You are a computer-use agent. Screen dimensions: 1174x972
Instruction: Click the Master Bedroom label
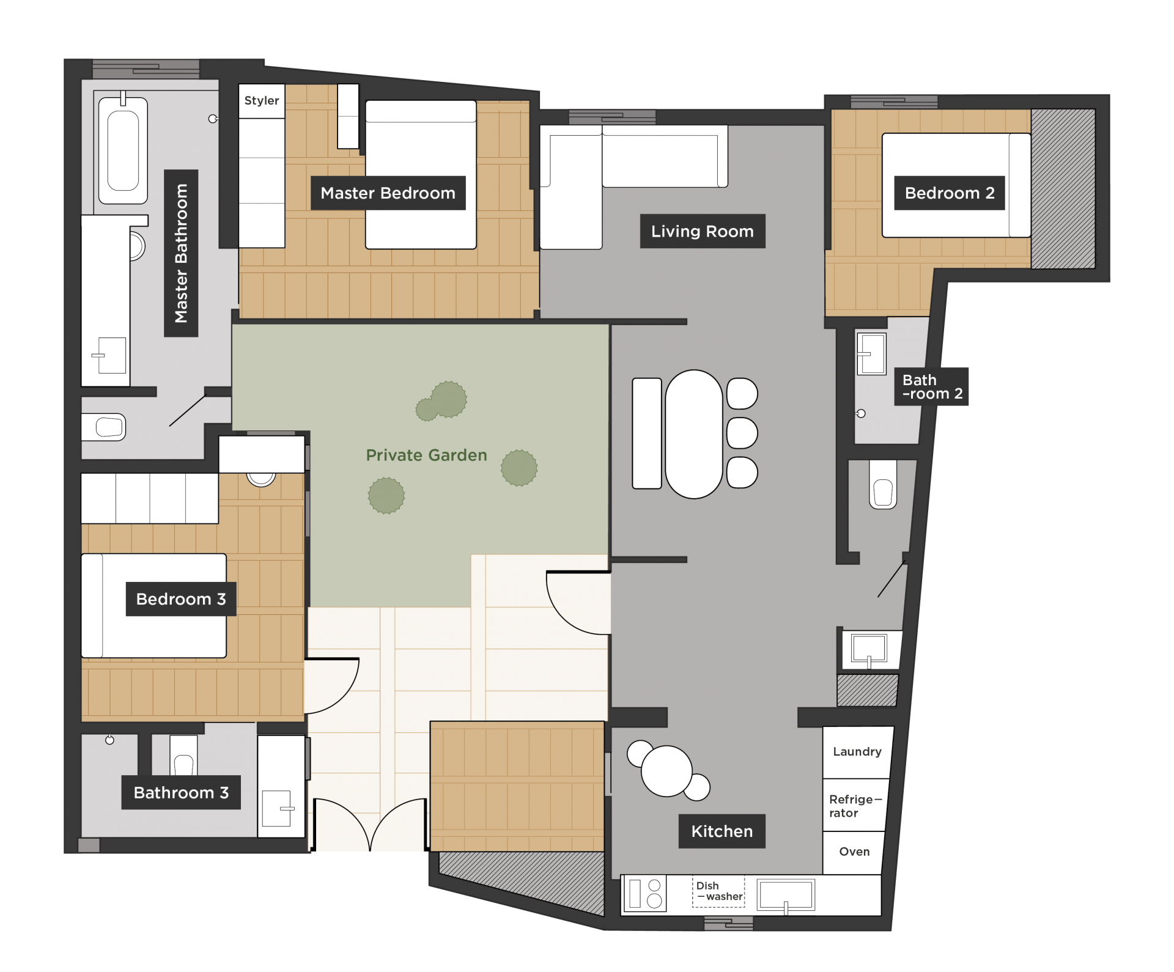pos(388,193)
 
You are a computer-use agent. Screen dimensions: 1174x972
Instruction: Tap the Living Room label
pos(703,231)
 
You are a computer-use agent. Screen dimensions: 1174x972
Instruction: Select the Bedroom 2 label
pos(950,193)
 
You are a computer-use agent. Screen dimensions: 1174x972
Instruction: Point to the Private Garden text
pos(426,455)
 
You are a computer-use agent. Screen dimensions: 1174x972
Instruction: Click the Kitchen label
pos(722,831)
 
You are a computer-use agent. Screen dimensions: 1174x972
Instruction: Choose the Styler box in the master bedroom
pos(262,101)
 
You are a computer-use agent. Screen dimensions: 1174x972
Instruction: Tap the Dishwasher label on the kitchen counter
pos(719,891)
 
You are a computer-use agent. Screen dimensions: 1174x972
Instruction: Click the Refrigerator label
pos(855,806)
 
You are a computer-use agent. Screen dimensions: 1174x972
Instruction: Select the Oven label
pos(854,852)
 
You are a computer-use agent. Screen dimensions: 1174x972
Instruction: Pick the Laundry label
pos(857,752)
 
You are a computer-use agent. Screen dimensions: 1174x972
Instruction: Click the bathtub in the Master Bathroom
pos(123,150)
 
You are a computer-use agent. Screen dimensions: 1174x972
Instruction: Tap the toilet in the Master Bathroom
pos(103,427)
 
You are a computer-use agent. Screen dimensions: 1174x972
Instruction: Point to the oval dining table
pos(694,434)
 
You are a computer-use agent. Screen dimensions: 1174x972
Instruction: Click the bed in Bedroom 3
pos(154,605)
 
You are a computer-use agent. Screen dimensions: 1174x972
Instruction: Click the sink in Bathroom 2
pos(871,353)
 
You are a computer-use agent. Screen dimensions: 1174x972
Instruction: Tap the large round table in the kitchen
pos(666,771)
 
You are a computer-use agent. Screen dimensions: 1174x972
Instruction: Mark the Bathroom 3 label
pos(181,793)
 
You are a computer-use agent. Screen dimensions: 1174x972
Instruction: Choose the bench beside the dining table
pos(647,433)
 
